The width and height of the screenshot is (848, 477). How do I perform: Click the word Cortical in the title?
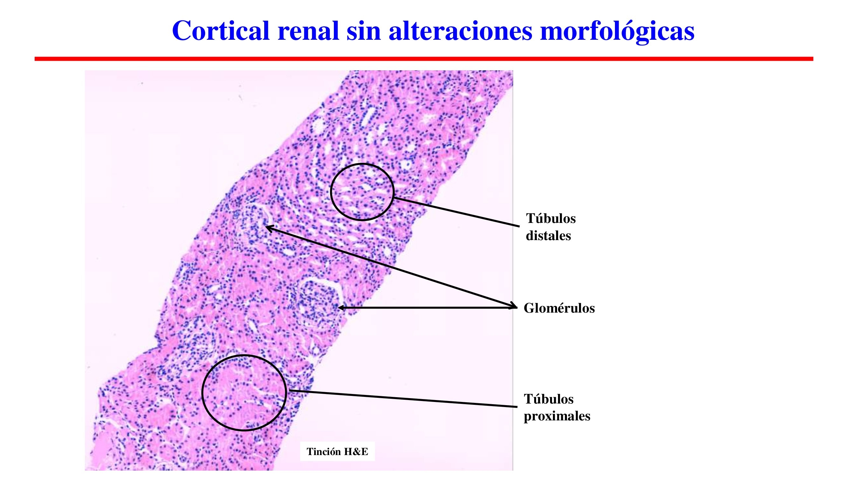point(221,31)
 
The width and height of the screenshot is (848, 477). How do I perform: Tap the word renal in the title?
point(308,31)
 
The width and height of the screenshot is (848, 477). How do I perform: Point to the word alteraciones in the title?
point(460,31)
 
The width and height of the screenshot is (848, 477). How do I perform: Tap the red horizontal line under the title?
point(424,59)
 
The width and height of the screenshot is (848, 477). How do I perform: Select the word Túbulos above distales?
point(551,218)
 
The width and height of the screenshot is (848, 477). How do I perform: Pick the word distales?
point(548,236)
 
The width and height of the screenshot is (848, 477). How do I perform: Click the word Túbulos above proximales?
point(549,399)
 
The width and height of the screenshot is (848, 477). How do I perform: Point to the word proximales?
point(557,416)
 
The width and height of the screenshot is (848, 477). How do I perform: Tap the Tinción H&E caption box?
point(337,451)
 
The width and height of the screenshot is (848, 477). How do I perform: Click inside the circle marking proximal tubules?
point(244,392)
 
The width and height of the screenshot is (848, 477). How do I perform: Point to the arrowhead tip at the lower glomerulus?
point(339,308)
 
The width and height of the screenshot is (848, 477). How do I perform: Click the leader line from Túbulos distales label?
point(458,212)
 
